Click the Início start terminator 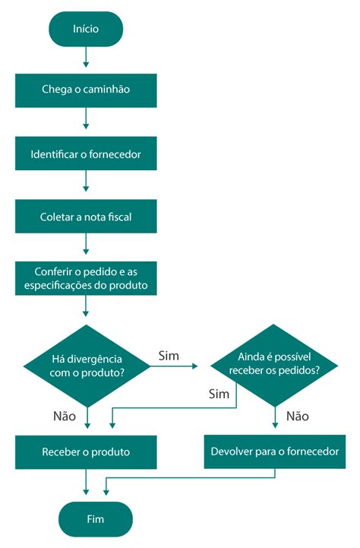click(x=86, y=29)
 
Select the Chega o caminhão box click(x=86, y=90)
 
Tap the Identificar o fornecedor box click(x=86, y=154)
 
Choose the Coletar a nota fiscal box click(x=86, y=217)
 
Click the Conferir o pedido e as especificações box click(x=86, y=278)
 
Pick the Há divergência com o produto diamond click(x=87, y=366)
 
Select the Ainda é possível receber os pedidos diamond click(x=274, y=366)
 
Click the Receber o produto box click(x=86, y=452)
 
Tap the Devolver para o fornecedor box click(x=275, y=451)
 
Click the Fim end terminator click(x=96, y=519)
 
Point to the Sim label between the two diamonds click(x=169, y=356)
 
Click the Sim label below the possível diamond click(x=219, y=394)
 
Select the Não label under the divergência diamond click(x=65, y=416)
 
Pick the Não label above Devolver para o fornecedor click(x=298, y=416)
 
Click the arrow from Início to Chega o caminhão click(x=86, y=56)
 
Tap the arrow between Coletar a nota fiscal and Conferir click(x=86, y=243)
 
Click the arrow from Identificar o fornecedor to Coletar click(x=86, y=181)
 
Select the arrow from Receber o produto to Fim click(x=86, y=482)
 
